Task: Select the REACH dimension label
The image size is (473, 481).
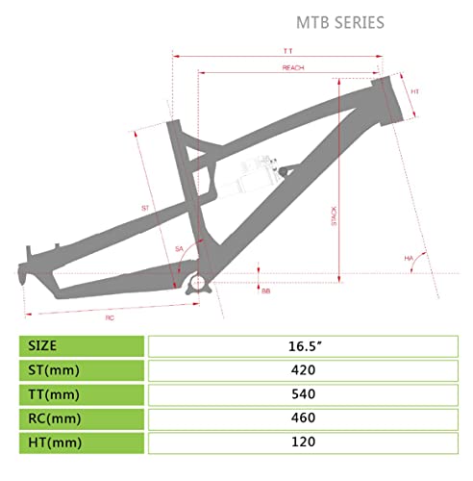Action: tap(293, 68)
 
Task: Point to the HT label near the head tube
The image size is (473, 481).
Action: tap(414, 91)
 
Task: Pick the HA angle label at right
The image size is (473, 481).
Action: tap(408, 259)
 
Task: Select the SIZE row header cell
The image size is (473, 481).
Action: tap(83, 345)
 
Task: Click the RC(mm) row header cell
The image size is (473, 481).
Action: tap(83, 419)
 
